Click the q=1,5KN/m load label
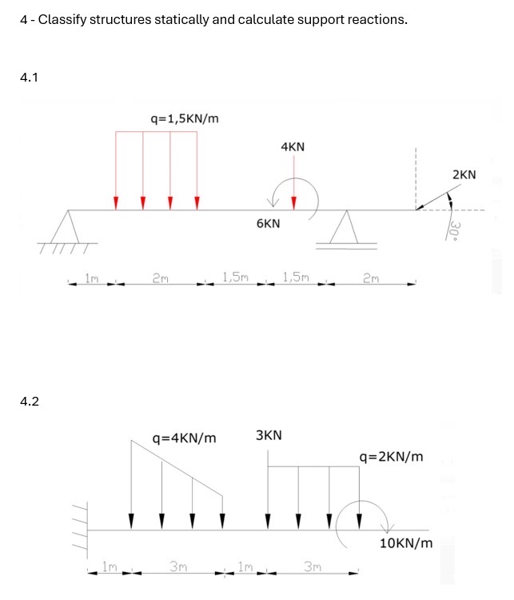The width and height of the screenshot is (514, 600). click(185, 119)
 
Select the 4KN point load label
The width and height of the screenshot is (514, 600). click(293, 147)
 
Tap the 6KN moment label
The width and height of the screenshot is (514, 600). click(269, 223)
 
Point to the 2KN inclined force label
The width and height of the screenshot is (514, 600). click(464, 174)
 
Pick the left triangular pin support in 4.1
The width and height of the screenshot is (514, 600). click(69, 226)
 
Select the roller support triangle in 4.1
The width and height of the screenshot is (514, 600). click(345, 229)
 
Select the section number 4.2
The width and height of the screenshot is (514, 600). click(29, 401)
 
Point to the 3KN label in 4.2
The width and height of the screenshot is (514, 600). click(269, 436)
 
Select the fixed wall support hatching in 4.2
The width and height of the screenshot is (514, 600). click(79, 528)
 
